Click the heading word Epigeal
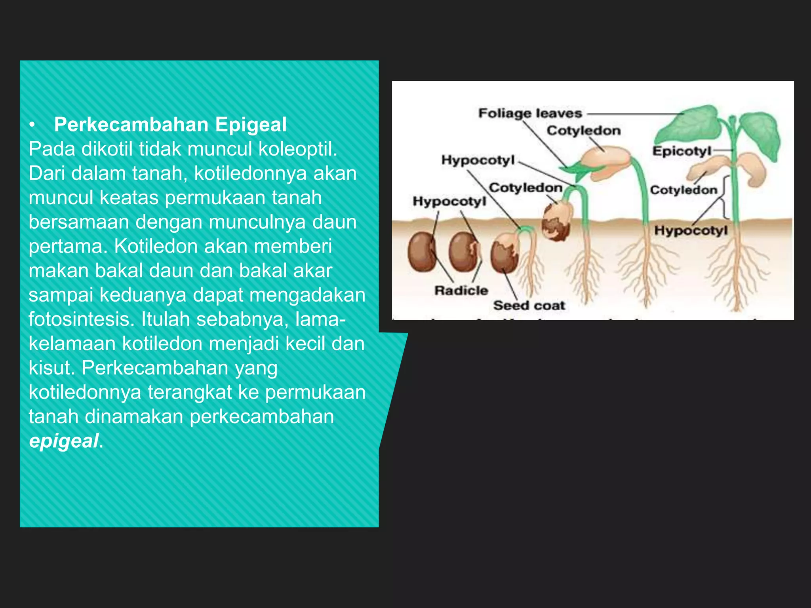(x=251, y=125)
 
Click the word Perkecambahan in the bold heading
(x=131, y=125)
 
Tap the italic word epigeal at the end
(x=63, y=441)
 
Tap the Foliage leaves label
(x=530, y=114)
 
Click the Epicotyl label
(x=682, y=151)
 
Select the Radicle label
(x=461, y=291)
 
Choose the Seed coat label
(x=529, y=306)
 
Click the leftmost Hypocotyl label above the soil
(x=449, y=201)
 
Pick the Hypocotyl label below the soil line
(x=691, y=230)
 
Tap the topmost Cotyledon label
(x=583, y=131)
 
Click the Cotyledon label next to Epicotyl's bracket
(x=683, y=190)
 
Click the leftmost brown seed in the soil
(x=422, y=252)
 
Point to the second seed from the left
(x=463, y=252)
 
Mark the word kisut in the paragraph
(x=51, y=368)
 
